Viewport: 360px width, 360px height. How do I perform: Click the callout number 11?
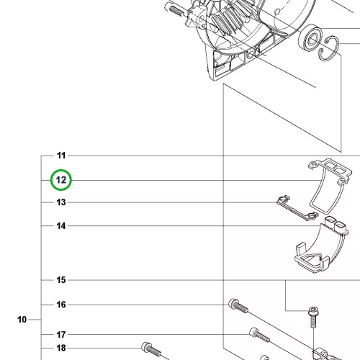(x=61, y=156)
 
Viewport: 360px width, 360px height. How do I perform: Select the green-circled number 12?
(x=61, y=180)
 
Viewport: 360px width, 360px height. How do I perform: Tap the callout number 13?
(x=61, y=202)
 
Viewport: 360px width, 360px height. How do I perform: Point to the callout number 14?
(x=61, y=226)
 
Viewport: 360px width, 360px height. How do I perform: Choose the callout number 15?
(x=61, y=280)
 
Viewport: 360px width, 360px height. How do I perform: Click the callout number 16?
(x=61, y=305)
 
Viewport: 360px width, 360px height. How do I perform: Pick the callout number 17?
(x=61, y=334)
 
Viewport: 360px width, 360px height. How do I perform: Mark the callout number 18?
(x=61, y=348)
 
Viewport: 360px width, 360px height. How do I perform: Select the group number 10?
(x=22, y=320)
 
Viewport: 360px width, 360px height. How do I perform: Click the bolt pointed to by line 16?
(x=238, y=306)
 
